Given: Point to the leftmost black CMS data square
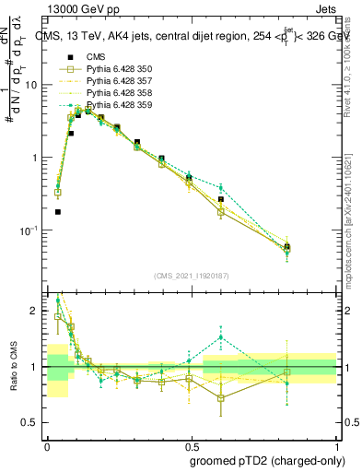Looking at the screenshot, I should (x=57, y=211).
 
